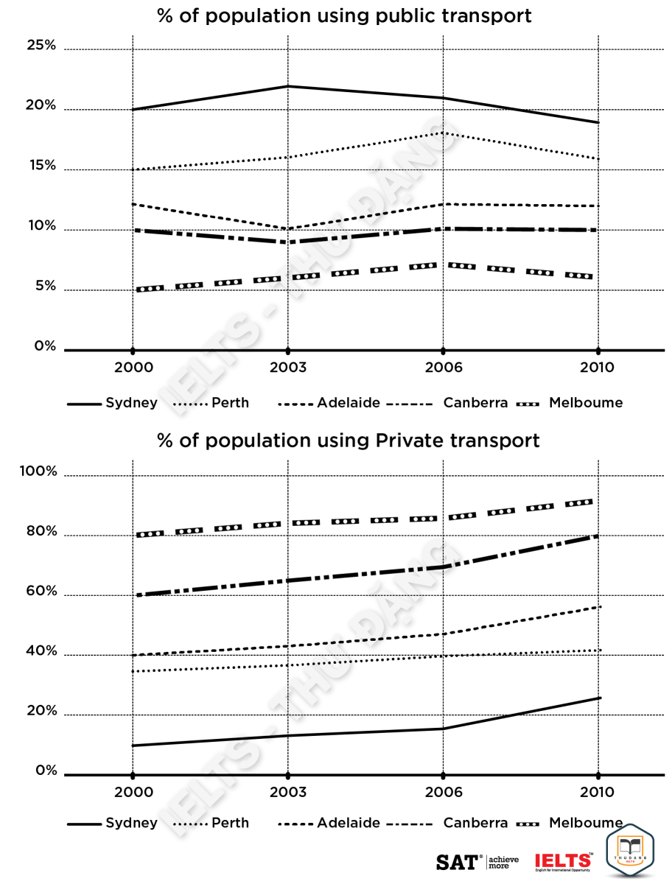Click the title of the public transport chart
point(344,16)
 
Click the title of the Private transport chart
point(349,441)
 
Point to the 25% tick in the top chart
point(41,46)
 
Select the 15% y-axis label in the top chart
point(41,166)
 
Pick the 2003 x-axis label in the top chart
point(287,368)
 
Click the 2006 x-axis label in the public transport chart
point(442,368)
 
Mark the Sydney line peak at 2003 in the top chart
point(287,86)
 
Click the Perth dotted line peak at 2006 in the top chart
point(442,133)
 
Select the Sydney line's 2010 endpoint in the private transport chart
point(599,698)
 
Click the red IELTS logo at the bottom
point(563,861)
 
